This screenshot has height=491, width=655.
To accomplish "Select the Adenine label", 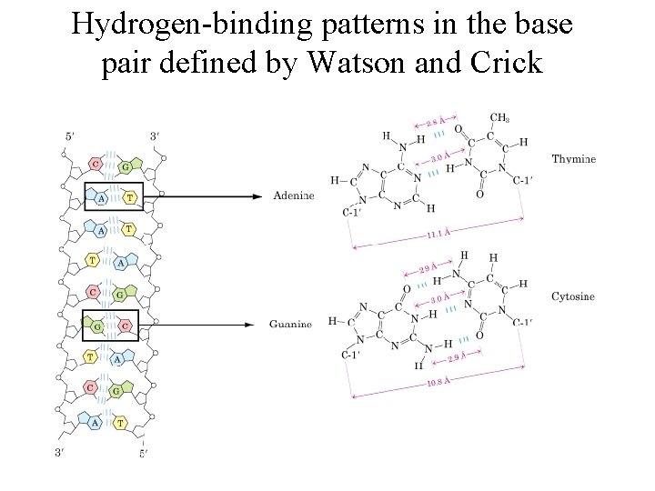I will pos(294,195).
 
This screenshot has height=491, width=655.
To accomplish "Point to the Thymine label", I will pos(574,159).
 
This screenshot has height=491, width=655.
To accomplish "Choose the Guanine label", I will pos(291,324).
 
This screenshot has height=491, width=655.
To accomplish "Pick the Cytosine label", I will pos(573,296).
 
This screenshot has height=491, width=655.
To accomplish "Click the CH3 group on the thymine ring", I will pos(499,118).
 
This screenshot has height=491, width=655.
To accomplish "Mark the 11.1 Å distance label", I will pos(440,234).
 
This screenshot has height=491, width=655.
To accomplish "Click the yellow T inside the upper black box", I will pos(129,196).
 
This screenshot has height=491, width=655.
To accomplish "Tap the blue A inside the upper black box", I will pos(101,196).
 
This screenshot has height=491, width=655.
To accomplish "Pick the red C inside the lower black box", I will pos(123,325).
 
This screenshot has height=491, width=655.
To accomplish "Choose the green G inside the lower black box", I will pos(96,325).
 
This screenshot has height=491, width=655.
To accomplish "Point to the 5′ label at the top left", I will pos(71,136).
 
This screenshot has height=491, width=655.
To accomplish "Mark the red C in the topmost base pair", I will pos(96,165).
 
